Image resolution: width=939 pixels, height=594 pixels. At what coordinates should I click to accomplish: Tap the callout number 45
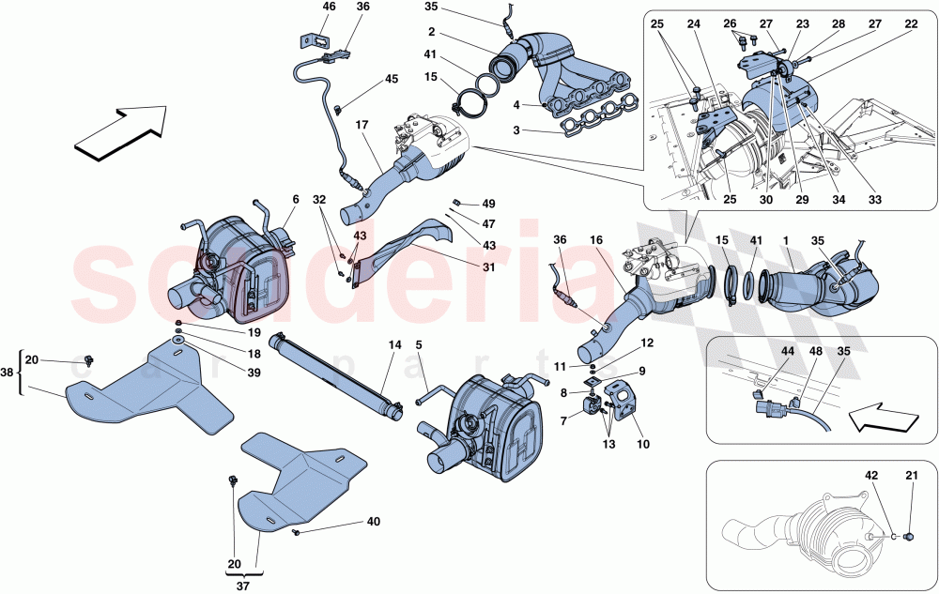coord(390,79)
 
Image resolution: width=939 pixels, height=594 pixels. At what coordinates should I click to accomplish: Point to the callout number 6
coord(296,199)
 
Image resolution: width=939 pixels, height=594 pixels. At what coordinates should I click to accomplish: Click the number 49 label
coord(488,204)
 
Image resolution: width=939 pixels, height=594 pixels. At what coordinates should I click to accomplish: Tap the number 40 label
coord(373,521)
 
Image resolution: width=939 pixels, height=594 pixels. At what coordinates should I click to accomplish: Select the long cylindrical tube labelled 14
coord(333,372)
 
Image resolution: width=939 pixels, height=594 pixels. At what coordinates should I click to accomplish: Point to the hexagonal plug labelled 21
coord(908,538)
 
